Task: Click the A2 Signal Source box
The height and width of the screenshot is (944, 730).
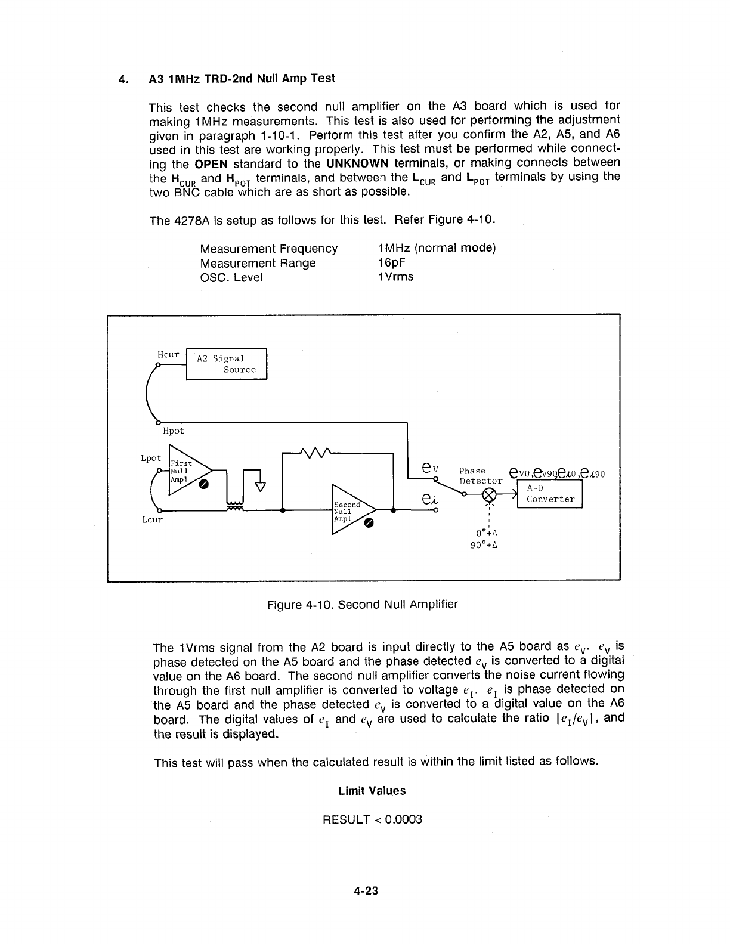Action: pos(227,364)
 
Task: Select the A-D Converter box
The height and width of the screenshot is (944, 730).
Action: pos(550,494)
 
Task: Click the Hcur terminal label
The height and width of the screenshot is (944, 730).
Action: pos(168,355)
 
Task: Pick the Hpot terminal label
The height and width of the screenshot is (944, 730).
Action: pos(174,431)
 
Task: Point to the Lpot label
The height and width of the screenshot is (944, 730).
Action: pos(151,458)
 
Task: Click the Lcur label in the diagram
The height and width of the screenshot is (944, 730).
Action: pos(152,519)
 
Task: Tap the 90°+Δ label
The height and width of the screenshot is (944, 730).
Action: pos(484,544)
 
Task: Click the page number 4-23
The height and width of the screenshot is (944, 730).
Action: pos(366,892)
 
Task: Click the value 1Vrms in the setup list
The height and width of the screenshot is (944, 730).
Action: pos(395,277)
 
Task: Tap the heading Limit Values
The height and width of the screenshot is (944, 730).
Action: pos(372,791)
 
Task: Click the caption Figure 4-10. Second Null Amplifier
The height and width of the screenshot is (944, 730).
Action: pos(363,605)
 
